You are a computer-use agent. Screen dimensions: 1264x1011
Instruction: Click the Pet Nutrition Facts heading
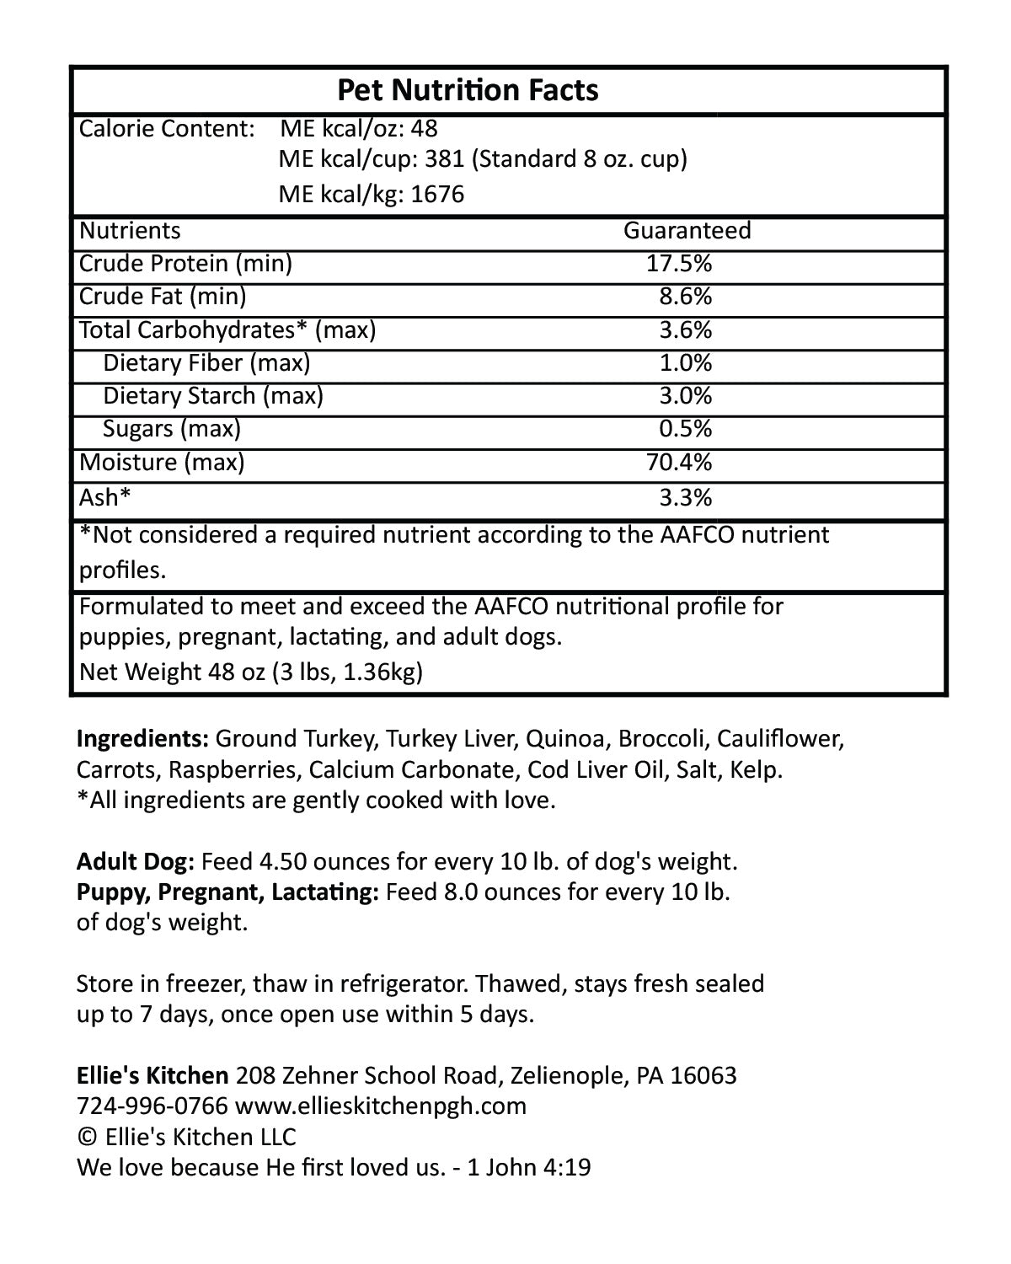[468, 90]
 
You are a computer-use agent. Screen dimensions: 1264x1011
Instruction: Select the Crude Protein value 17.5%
[679, 264]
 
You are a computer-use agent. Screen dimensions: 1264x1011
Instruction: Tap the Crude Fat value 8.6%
[686, 297]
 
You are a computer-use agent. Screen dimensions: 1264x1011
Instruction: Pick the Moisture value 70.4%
[679, 462]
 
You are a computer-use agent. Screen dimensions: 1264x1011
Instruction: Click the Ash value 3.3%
[686, 497]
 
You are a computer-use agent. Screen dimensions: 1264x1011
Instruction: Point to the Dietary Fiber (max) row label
[206, 363]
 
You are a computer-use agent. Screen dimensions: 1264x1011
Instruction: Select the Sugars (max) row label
[172, 429]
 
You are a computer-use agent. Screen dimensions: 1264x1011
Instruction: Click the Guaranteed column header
[687, 230]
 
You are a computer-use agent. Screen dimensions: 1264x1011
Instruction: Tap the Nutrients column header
[130, 230]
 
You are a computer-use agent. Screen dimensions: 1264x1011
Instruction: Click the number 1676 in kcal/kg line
[438, 195]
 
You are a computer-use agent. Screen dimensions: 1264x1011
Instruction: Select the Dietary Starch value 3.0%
[686, 396]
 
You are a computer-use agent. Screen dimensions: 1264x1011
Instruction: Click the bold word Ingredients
[142, 739]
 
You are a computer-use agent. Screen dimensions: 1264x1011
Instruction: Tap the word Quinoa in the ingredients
[565, 739]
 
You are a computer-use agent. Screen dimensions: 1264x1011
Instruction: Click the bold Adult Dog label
[136, 861]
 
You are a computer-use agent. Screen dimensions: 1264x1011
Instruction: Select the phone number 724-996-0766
[152, 1106]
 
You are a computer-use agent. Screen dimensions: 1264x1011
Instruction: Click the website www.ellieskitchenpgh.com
[381, 1106]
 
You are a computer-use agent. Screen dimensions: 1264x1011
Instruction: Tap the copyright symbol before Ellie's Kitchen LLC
[87, 1137]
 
